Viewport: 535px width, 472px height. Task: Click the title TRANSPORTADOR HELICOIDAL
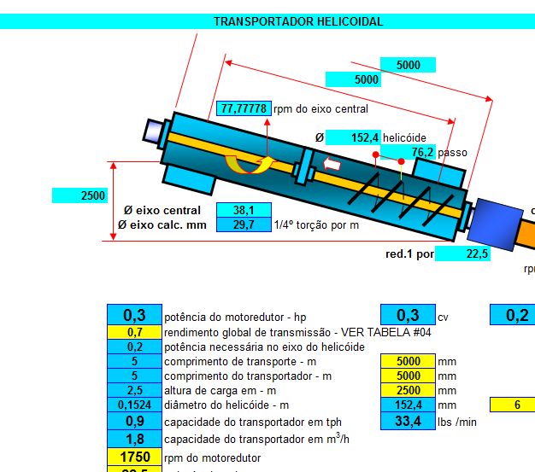pyautogui.click(x=297, y=21)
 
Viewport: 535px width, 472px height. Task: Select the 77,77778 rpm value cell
pyautogui.click(x=244, y=109)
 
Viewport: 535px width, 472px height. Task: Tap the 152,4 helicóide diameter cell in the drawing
pyautogui.click(x=352, y=137)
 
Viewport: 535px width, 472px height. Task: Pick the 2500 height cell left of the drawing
pyautogui.click(x=80, y=195)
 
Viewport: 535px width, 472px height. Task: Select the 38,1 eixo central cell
pyautogui.click(x=244, y=210)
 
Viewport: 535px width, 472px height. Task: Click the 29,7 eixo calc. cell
pyautogui.click(x=244, y=224)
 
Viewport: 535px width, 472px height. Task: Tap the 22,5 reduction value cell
pyautogui.click(x=462, y=253)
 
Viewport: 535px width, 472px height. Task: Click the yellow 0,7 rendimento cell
pyautogui.click(x=134, y=332)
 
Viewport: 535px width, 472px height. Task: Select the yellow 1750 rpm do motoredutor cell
pyautogui.click(x=134, y=457)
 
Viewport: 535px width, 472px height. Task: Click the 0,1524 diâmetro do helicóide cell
pyautogui.click(x=134, y=405)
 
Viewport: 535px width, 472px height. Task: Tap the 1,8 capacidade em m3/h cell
pyautogui.click(x=134, y=439)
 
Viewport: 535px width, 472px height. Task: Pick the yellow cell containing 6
pyautogui.click(x=517, y=405)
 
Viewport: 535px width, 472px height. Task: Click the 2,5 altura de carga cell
pyautogui.click(x=134, y=390)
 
